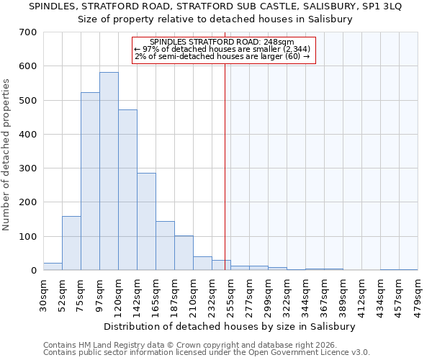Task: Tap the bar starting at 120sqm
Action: [127, 190]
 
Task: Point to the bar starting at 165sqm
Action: [165, 246]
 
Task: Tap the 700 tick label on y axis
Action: [28, 32]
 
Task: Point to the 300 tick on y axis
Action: [28, 168]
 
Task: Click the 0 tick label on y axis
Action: [34, 271]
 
